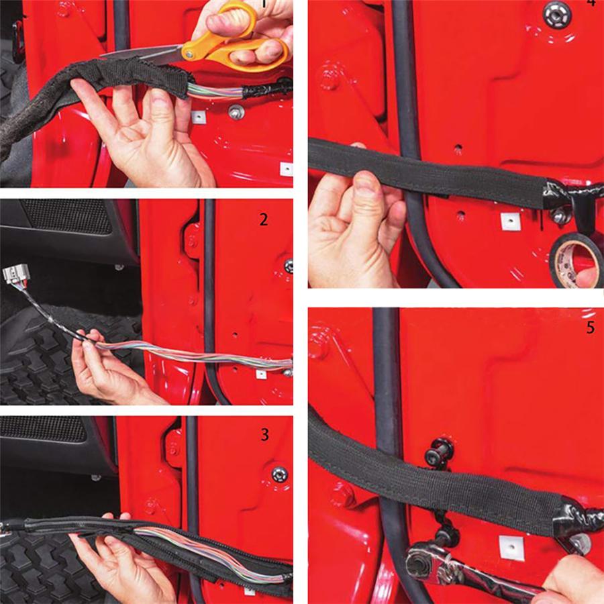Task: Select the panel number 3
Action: (264, 435)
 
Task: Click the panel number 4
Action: (591, 3)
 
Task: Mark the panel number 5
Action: (590, 330)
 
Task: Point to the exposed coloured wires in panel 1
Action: (215, 91)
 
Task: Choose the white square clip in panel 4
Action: (510, 221)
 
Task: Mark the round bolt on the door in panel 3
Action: (279, 474)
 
